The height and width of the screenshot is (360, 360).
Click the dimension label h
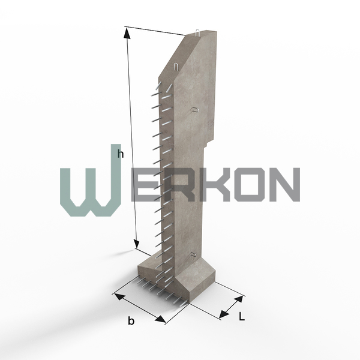tap(121, 154)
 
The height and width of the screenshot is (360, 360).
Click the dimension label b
tap(131, 320)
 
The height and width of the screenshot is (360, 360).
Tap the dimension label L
tap(242, 317)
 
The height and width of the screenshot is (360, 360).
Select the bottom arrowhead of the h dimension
tap(137, 242)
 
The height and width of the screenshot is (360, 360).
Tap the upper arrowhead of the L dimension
tap(239, 299)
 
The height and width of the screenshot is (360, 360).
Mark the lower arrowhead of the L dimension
tap(224, 314)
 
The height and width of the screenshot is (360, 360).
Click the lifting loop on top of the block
tap(197, 32)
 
